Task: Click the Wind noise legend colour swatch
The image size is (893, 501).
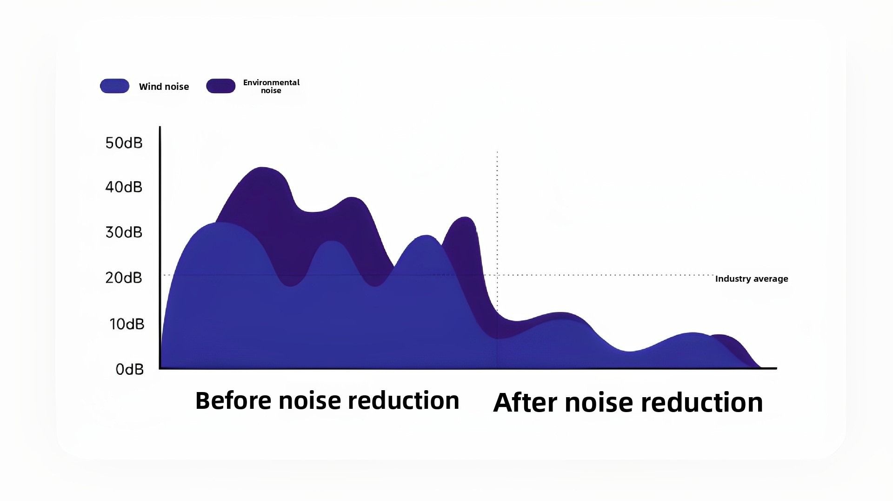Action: click(x=114, y=86)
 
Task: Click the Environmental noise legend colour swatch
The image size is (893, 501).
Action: click(x=221, y=86)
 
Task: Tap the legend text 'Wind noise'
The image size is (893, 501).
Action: click(x=164, y=87)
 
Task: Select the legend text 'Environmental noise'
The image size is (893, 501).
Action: click(x=271, y=86)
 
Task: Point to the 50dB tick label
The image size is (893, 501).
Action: click(x=124, y=143)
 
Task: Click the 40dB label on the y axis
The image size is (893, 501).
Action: click(x=124, y=187)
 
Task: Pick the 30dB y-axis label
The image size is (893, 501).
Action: click(x=124, y=232)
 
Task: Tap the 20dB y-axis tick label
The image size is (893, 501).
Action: click(x=124, y=278)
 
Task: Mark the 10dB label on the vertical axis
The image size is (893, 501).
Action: click(x=127, y=324)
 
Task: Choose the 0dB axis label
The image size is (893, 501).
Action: click(x=130, y=370)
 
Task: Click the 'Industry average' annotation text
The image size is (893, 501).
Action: click(x=752, y=279)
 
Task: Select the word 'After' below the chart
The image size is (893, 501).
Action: click(x=525, y=402)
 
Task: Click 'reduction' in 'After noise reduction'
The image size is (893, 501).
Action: click(x=702, y=402)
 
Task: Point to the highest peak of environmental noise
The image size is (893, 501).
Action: click(x=262, y=167)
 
